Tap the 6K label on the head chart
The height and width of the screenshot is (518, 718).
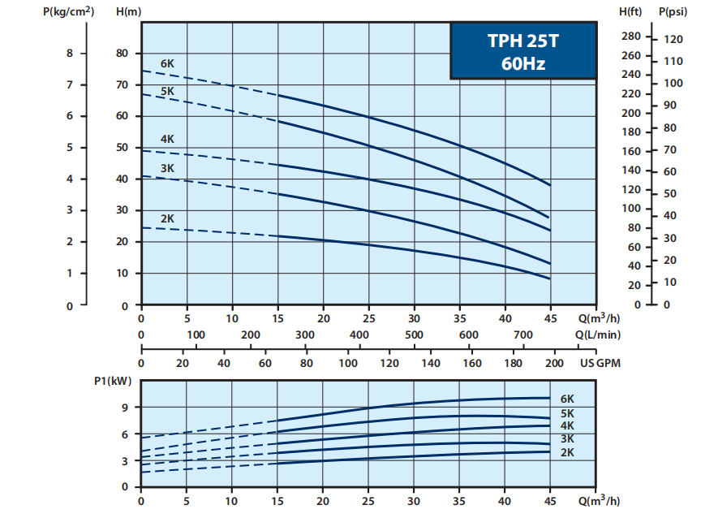click(x=167, y=63)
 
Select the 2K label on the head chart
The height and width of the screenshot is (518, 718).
click(x=167, y=218)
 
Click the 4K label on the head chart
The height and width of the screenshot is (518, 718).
click(x=167, y=139)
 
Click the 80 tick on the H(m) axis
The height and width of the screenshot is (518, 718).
click(x=123, y=54)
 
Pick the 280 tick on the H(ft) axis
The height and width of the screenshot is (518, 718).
click(x=631, y=37)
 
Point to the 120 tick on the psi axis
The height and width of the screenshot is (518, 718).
click(x=673, y=39)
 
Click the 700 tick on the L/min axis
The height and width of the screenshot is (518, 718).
click(x=523, y=335)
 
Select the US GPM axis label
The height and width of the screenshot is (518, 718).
click(x=600, y=364)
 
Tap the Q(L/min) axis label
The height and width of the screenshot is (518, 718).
click(x=598, y=335)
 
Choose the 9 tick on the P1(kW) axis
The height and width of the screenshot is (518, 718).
click(x=126, y=408)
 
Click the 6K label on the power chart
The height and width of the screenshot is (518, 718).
click(x=567, y=399)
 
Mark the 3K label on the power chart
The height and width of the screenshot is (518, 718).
click(x=567, y=439)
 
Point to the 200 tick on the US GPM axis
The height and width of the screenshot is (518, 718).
click(x=555, y=364)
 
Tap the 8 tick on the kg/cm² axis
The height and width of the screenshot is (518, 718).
click(x=70, y=54)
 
